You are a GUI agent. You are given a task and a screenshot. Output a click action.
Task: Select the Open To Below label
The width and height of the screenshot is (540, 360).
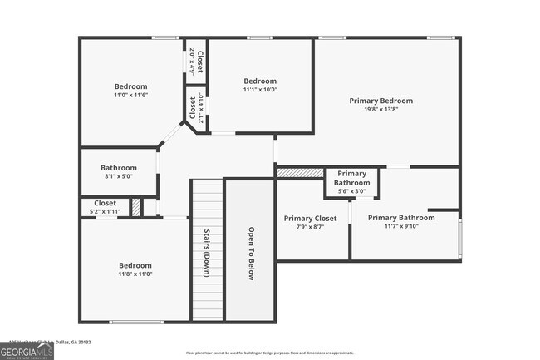[x=250, y=254]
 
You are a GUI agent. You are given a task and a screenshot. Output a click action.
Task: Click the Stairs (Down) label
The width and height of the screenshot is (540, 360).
[x=206, y=254]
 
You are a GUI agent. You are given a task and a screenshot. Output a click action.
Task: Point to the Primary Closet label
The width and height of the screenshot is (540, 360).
[x=310, y=219]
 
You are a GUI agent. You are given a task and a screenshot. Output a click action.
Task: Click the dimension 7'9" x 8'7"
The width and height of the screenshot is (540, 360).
[x=310, y=227]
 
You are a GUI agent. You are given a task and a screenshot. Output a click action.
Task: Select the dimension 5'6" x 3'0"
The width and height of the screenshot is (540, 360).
[x=351, y=191]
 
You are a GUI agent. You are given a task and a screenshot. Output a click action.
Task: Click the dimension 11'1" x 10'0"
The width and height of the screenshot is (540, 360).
[x=260, y=90]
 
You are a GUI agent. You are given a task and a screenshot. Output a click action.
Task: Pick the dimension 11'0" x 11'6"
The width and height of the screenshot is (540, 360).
[x=130, y=96]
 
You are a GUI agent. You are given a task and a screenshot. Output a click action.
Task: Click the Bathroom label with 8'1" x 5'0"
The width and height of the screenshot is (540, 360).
[x=118, y=167]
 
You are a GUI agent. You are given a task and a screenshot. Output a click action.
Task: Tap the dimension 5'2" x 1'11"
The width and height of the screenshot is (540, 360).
[x=106, y=212]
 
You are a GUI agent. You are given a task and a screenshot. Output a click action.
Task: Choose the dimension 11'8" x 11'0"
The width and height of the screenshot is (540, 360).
[x=135, y=274]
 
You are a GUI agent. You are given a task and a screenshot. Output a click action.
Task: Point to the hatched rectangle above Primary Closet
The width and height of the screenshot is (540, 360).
[x=300, y=172]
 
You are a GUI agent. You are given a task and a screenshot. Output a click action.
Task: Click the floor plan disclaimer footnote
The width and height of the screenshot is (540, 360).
[x=269, y=353]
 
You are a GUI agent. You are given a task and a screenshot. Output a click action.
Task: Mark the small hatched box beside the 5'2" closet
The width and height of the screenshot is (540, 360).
[x=136, y=207]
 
